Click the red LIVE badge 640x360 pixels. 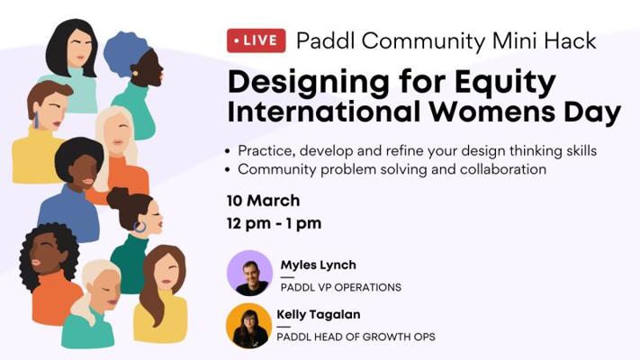click(x=257, y=40)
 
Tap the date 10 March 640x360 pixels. click(x=263, y=201)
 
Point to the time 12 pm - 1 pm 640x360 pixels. click(x=275, y=223)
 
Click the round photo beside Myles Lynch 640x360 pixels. click(x=250, y=273)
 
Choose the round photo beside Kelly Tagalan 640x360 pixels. click(x=249, y=326)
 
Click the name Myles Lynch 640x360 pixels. click(x=319, y=265)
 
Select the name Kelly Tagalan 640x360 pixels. click(x=319, y=314)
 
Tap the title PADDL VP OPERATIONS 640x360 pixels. click(x=341, y=287)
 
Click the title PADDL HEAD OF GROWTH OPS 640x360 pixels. click(x=356, y=337)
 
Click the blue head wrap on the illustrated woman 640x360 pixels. click(x=123, y=52)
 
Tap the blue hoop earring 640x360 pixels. click(x=140, y=227)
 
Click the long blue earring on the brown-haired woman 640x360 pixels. click(x=36, y=120)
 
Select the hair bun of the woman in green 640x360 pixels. click(x=118, y=197)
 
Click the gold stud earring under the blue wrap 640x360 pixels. click(x=135, y=74)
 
